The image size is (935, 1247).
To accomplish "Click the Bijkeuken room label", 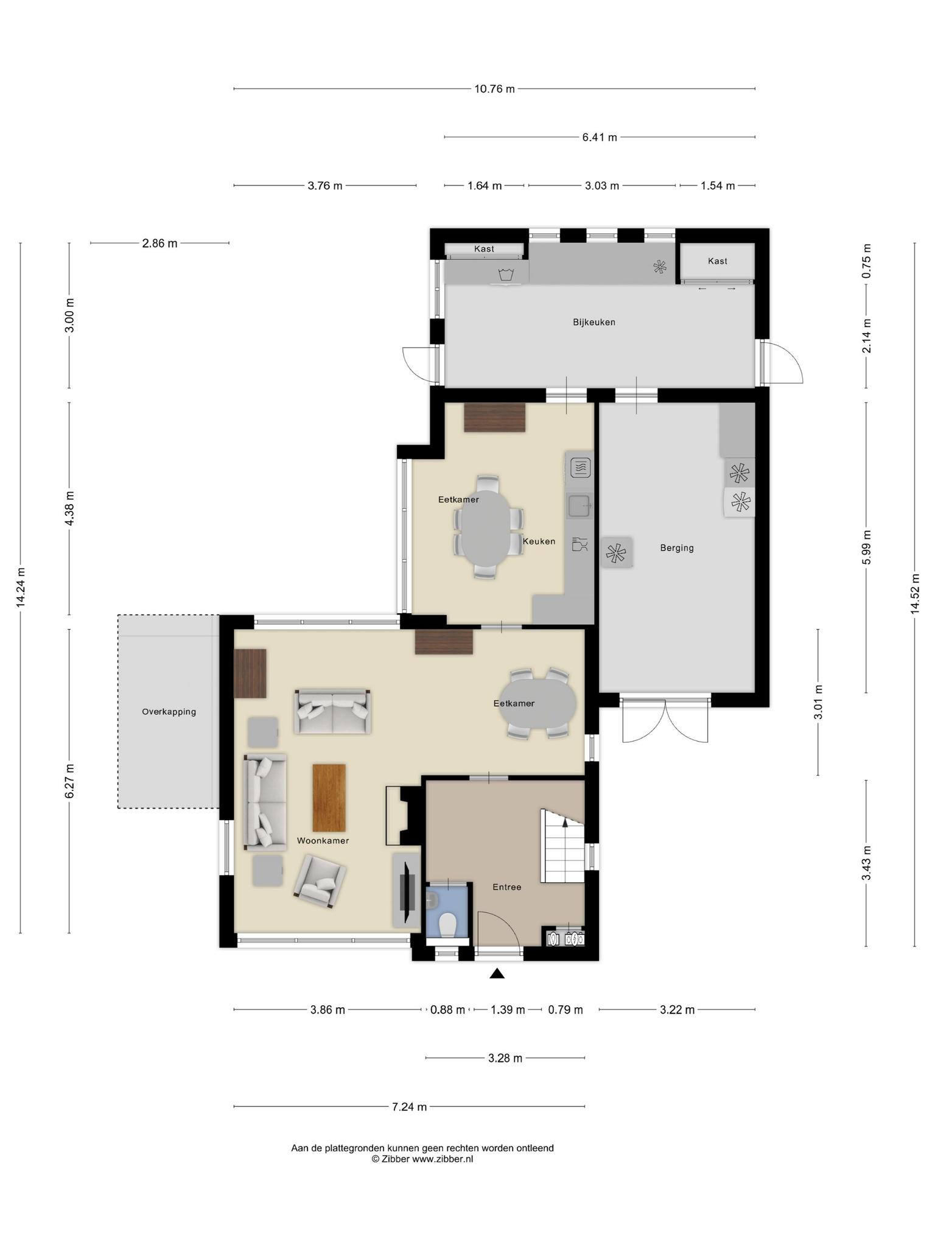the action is pyautogui.click(x=594, y=322).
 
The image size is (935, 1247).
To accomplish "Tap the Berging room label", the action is pyautogui.click(x=677, y=548).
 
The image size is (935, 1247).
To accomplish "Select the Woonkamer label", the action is pyautogui.click(x=323, y=840).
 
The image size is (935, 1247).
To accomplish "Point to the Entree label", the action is pyautogui.click(x=506, y=887).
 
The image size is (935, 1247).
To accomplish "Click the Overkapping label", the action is pyautogui.click(x=169, y=711).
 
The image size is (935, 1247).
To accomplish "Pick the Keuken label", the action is pyautogui.click(x=539, y=541).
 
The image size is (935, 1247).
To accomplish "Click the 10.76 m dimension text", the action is pyautogui.click(x=494, y=89).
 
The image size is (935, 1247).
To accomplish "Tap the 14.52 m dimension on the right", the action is pyautogui.click(x=914, y=594).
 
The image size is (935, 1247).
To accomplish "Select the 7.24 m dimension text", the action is pyautogui.click(x=409, y=1106).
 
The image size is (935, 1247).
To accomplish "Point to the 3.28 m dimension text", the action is pyautogui.click(x=505, y=1058).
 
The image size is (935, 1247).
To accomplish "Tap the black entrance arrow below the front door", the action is pyautogui.click(x=497, y=974).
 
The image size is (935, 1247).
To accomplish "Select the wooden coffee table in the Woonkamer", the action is pyautogui.click(x=329, y=798).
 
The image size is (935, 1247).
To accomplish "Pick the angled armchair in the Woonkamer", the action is pyautogui.click(x=320, y=882).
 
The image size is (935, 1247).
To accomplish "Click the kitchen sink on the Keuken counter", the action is pyautogui.click(x=579, y=505).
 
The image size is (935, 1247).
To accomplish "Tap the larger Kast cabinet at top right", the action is pyautogui.click(x=717, y=261).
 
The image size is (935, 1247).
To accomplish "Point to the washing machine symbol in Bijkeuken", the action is pyautogui.click(x=506, y=275).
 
